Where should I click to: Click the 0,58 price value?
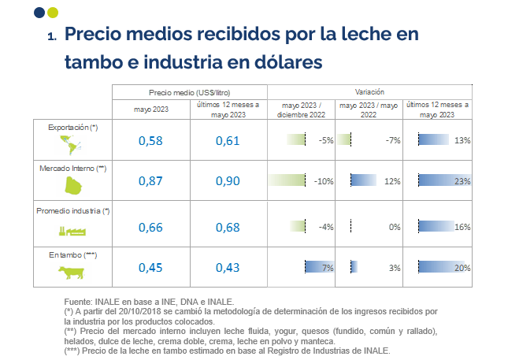tap(150, 140)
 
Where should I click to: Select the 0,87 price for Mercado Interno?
tap(150, 181)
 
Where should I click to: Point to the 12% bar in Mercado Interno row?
tap(363, 181)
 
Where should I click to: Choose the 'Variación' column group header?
tap(369, 92)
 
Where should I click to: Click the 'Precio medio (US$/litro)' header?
tap(189, 92)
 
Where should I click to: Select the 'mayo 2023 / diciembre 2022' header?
tap(299, 109)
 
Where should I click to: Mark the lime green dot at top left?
tap(52, 12)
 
